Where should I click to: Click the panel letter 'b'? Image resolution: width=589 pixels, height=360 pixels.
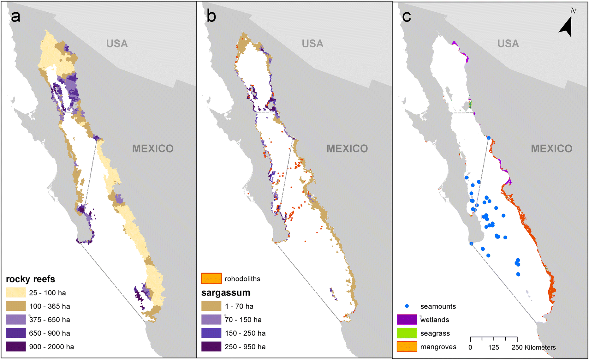pos(211,16)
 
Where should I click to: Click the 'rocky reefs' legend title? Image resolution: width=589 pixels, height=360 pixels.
pos(30,279)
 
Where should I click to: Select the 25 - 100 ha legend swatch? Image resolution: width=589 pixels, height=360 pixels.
pos(15,293)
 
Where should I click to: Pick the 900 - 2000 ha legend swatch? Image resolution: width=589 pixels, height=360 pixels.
pos(15,347)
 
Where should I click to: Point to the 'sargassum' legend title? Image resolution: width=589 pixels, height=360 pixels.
pos(226,293)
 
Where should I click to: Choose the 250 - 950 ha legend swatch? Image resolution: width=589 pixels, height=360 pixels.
pos(211,347)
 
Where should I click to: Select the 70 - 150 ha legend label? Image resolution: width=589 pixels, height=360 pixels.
pos(243,320)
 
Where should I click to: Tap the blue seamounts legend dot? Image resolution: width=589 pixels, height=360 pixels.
pos(407,306)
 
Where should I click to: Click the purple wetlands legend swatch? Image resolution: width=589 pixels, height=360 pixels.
pos(407,320)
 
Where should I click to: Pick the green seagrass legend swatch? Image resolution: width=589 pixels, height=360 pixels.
pos(407,333)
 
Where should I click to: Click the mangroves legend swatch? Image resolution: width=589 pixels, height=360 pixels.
pos(407,347)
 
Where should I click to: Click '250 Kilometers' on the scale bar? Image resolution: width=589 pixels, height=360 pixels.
pos(533,347)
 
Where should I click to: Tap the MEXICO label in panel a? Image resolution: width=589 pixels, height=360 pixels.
pos(153,148)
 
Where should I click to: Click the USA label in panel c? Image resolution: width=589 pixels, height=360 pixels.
pos(508,44)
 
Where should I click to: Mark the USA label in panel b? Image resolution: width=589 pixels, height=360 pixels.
pos(312,44)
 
